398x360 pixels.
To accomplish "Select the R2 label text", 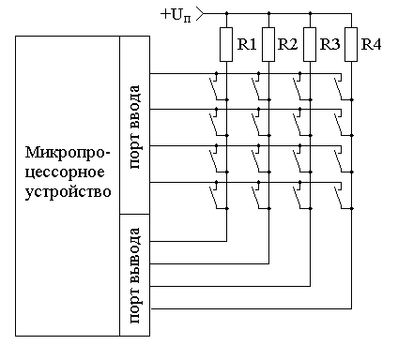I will pos(289,43).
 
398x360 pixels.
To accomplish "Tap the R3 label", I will pos(329,43).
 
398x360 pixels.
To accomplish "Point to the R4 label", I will pos(372,43).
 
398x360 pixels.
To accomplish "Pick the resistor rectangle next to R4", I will pos(351,42).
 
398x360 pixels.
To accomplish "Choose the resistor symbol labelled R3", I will pos(309,42).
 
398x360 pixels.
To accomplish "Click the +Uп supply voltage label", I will pos(176,13).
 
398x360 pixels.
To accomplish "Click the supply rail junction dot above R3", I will pos(309,14).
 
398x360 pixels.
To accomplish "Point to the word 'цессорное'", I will pos(64,172).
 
